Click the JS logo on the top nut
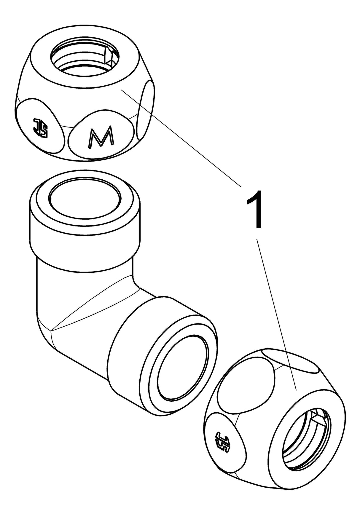(40, 128)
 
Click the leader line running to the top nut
(181, 138)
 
